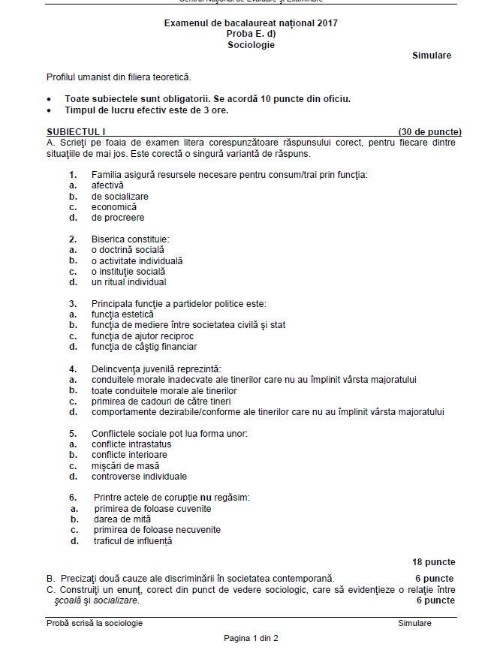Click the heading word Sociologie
[252, 45]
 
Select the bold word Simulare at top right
[432, 56]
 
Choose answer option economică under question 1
[114, 207]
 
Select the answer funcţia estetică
[122, 314]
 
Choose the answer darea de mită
[122, 519]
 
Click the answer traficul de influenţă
[133, 541]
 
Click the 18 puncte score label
[433, 562]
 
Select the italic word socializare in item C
[116, 600]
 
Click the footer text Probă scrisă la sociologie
[95, 624]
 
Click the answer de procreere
[118, 218]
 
